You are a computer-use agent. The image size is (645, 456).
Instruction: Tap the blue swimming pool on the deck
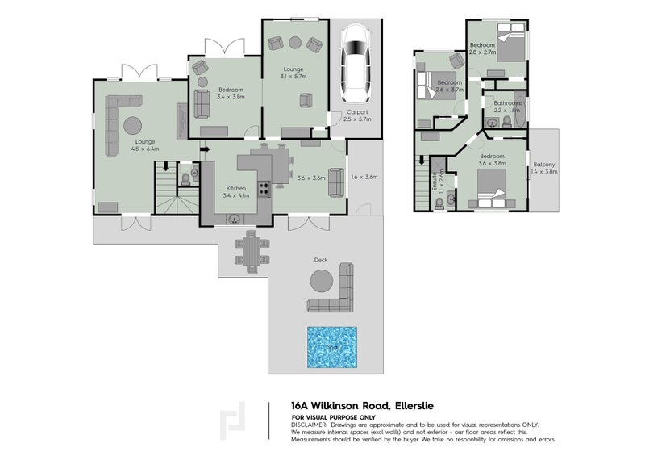(331, 346)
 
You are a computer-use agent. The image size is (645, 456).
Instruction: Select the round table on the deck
(322, 281)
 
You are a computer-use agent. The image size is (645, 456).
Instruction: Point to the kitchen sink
(235, 217)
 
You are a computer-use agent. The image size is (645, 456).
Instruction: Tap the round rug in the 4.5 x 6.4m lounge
(132, 125)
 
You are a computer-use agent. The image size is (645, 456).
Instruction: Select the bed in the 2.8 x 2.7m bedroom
(506, 48)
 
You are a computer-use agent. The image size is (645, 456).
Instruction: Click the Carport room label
(357, 112)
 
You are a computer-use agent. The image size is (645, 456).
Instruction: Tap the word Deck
(320, 260)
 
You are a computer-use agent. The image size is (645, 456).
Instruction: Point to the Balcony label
(544, 165)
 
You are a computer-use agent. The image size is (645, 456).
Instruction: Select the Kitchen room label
(235, 188)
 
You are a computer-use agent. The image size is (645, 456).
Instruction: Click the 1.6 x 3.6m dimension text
(364, 177)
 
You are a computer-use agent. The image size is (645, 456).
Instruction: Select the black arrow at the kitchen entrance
(205, 149)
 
